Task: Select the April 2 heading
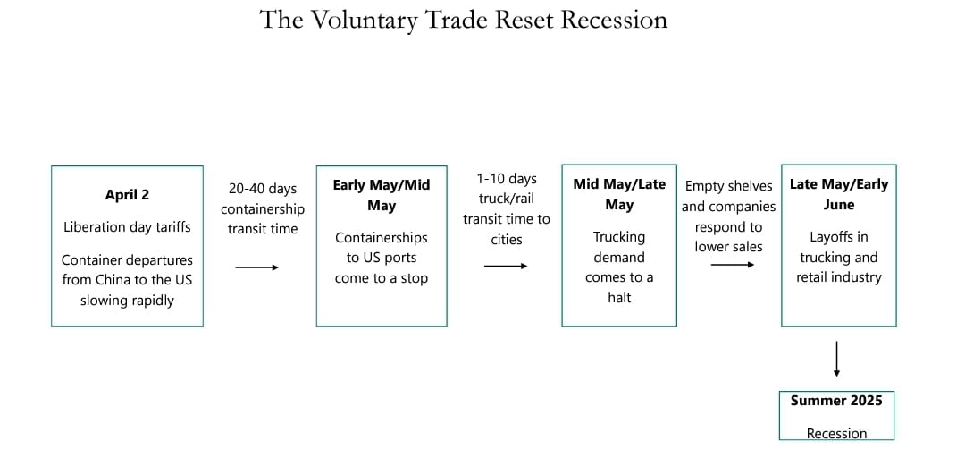pos(127,195)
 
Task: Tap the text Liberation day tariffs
pos(127,226)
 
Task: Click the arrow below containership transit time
pos(256,267)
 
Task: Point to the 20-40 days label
pos(263,189)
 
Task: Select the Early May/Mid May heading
pos(382,195)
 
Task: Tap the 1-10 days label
pos(507,179)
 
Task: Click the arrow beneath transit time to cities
pos(505,266)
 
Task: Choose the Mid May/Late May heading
pos(619,194)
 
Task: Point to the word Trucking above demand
pos(619,237)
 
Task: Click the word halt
pos(619,297)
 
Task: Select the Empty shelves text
pos(728,186)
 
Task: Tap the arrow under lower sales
pos(732,265)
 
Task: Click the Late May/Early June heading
pos(839,194)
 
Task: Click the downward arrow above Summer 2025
pos(836,359)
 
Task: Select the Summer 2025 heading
pos(836,400)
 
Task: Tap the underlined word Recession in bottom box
pos(836,434)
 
